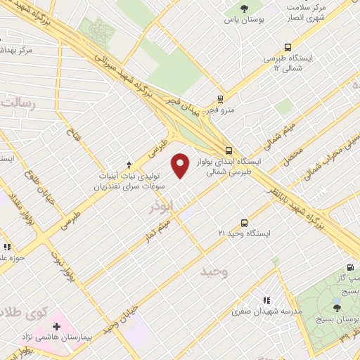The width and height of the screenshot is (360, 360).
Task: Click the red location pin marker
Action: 181,166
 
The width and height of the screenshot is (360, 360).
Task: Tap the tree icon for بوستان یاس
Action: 244,8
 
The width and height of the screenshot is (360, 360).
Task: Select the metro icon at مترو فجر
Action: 221,99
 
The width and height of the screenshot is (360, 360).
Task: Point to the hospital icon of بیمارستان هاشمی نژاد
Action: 56,327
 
